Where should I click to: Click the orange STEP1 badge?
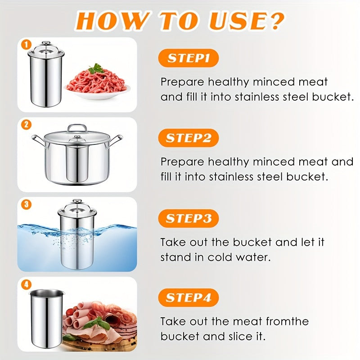188,58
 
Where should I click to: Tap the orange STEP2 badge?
188,138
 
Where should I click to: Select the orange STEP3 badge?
188,219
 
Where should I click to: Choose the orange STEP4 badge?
188,298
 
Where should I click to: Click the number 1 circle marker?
27,45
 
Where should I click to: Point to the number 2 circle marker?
27,125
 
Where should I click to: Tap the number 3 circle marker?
27,204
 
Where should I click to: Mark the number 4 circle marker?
27,284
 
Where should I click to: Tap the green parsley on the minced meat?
95,68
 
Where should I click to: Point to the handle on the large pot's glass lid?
77,128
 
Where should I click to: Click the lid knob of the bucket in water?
77,202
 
